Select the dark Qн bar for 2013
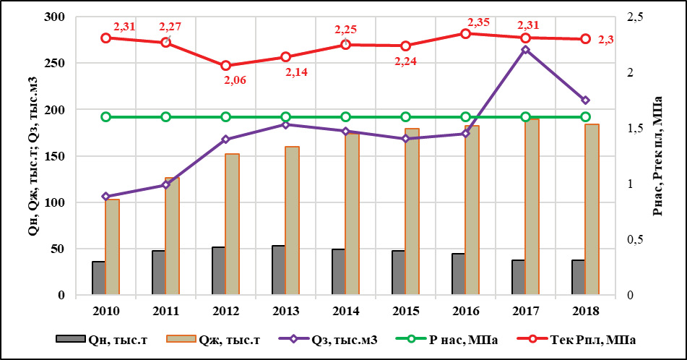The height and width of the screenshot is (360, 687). click(278, 270)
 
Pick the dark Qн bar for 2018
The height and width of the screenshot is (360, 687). click(578, 278)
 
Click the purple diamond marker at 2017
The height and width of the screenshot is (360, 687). click(526, 50)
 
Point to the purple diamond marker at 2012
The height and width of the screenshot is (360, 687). click(225, 140)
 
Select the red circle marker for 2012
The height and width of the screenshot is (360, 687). click(225, 66)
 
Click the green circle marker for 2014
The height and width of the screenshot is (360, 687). click(346, 117)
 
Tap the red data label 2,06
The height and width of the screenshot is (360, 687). click(236, 80)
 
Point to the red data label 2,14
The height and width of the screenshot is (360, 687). click(296, 72)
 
